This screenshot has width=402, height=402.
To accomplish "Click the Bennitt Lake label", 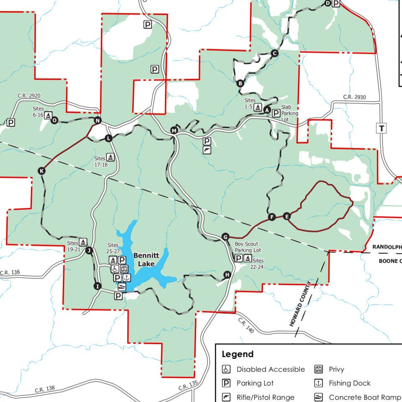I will point(144,259).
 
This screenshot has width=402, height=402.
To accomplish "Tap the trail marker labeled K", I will point(41,171).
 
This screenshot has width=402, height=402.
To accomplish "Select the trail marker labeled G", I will point(225,237).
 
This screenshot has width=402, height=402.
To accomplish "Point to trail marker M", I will point(174,131).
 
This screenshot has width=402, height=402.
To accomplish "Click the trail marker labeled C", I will point(275,53).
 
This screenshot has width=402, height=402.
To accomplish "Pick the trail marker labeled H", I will point(227,275).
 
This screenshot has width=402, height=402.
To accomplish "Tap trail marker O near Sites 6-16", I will point(54,120).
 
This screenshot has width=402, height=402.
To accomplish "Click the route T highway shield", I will point(381,129).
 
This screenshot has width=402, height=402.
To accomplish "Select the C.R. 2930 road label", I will point(354,97).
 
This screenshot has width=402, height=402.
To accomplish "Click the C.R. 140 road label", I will point(246,325).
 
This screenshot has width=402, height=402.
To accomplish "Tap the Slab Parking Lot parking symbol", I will point(276,113).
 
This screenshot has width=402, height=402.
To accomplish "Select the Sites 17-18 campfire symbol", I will point(111,157).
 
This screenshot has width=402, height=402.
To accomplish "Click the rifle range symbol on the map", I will point(207,150).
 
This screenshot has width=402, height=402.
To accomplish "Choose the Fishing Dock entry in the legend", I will point(350,383).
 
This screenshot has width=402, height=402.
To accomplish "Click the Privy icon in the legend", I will point(319,369).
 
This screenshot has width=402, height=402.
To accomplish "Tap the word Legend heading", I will point(237,354).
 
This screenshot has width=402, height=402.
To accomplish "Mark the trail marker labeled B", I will point(240,83).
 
